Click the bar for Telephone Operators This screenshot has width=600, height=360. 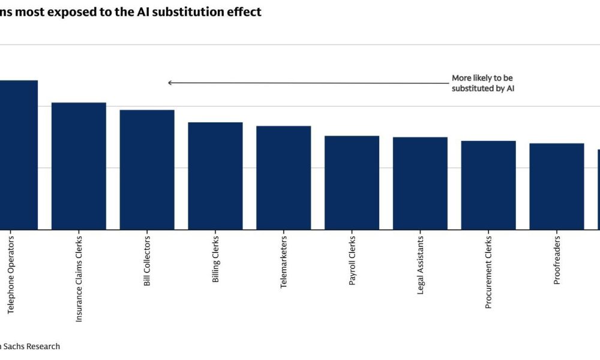click(18, 155)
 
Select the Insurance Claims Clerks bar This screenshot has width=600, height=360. click(79, 166)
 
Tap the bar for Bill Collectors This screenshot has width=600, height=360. click(147, 170)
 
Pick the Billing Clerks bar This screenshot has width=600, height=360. click(215, 176)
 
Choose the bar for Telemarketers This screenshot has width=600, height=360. click(283, 178)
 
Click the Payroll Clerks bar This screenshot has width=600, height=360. click(352, 183)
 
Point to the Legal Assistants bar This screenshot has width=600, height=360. click(420, 184)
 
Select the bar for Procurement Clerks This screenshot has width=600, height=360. click(488, 185)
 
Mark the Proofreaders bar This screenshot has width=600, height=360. click(556, 187)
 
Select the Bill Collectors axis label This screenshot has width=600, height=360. click(147, 261)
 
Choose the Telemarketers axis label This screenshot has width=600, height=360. click(284, 262)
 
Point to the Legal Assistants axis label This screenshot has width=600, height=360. click(420, 265)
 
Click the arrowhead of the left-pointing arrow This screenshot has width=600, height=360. click(170, 83)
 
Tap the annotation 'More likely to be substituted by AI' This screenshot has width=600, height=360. click(483, 83)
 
